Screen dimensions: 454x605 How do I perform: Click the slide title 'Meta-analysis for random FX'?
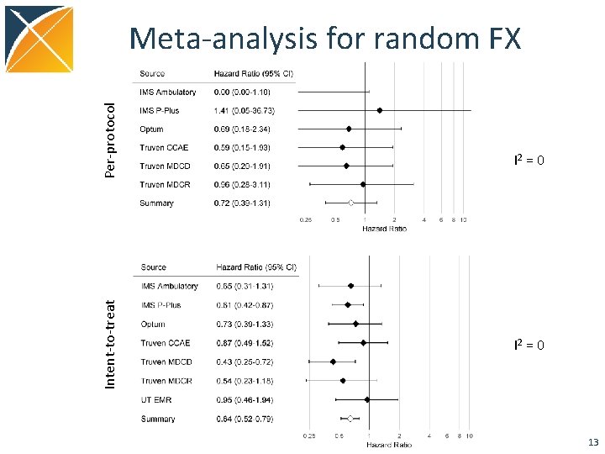pyautogui.click(x=325, y=38)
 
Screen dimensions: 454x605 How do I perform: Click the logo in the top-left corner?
pyautogui.click(x=37, y=39)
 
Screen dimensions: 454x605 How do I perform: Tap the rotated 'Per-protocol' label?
pyautogui.click(x=110, y=140)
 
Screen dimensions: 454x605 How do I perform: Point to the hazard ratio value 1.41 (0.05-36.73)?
pyautogui.click(x=244, y=110)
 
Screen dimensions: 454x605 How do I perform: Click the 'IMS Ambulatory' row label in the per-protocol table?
pyautogui.click(x=168, y=92)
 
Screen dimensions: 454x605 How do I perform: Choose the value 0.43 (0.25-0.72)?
pyautogui.click(x=244, y=362)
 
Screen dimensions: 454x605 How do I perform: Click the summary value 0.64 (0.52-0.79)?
pyautogui.click(x=244, y=418)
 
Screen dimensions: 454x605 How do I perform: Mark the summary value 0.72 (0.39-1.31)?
pyautogui.click(x=243, y=203)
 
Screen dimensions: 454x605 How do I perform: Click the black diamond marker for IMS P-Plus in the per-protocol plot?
pyautogui.click(x=380, y=110)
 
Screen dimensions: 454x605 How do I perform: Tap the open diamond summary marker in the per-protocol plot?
pyautogui.click(x=351, y=203)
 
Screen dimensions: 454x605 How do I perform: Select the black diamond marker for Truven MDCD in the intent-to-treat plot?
pyautogui.click(x=333, y=362)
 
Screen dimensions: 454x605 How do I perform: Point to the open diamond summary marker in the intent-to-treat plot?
pyautogui.click(x=350, y=418)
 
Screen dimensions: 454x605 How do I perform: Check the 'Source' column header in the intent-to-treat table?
pyautogui.click(x=154, y=267)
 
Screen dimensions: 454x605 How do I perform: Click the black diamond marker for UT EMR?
pyautogui.click(x=366, y=399)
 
